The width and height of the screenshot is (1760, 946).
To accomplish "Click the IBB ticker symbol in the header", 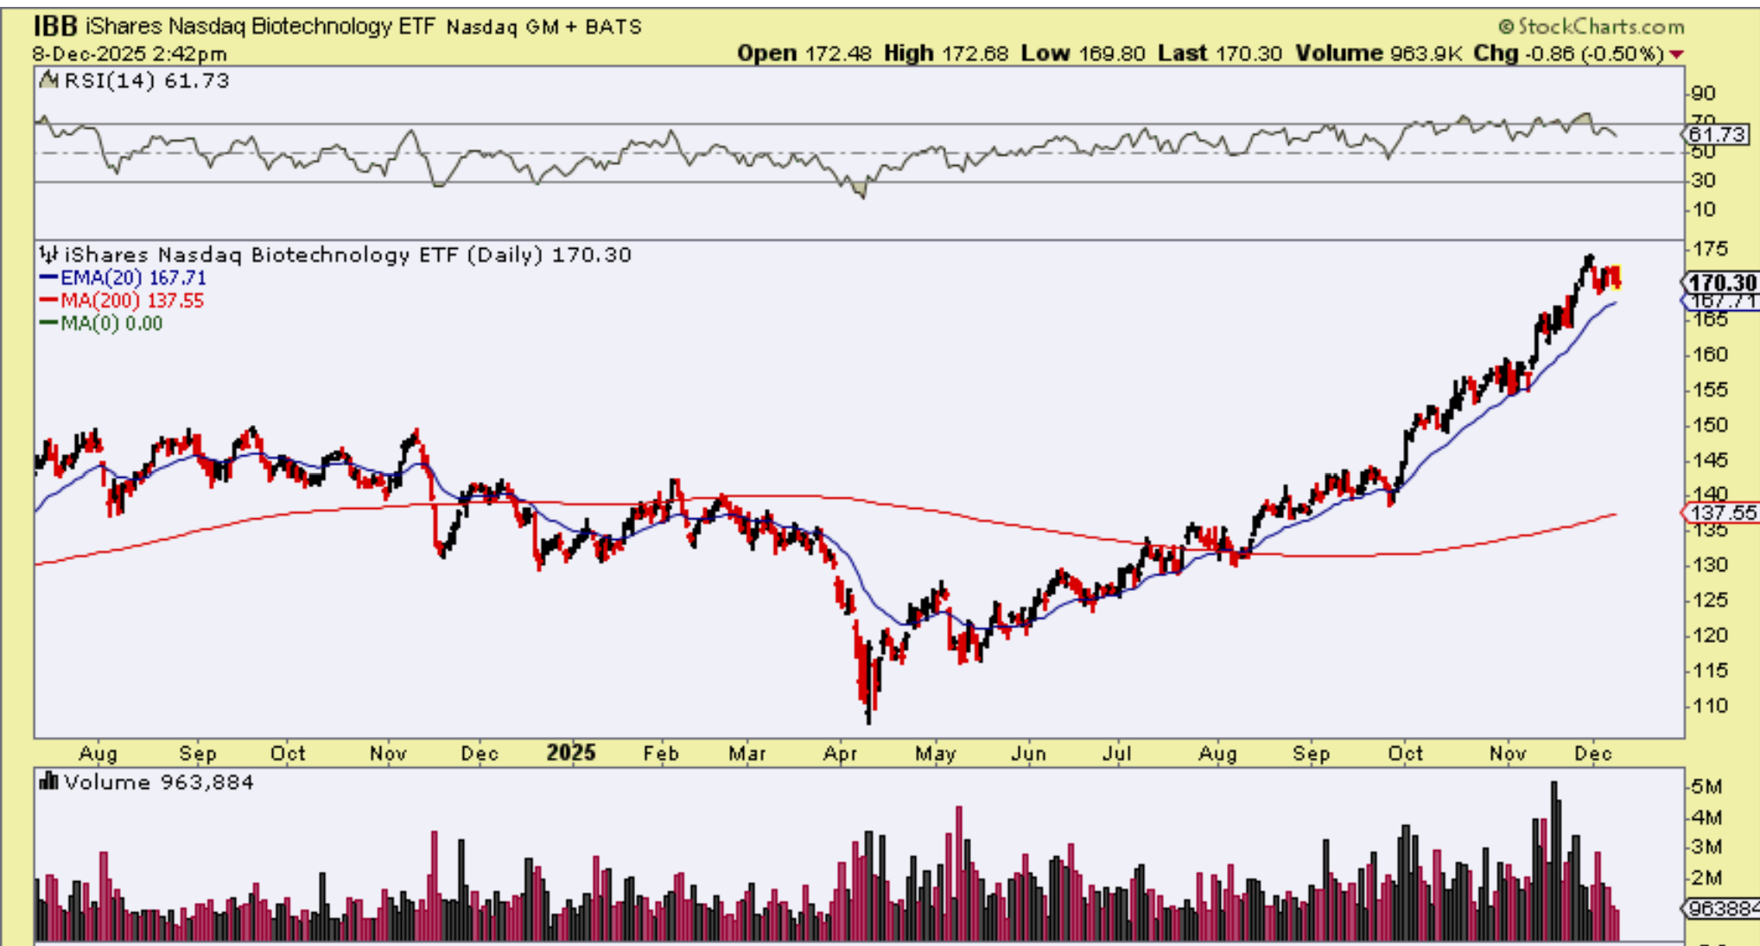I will [x=55, y=26].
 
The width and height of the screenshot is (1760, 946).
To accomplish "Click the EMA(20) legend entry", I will [x=123, y=278].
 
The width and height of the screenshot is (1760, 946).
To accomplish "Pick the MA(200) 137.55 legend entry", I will [x=121, y=301].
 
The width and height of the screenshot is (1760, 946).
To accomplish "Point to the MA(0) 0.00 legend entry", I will [x=101, y=323].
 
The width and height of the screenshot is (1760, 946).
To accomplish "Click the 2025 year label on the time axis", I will [x=571, y=752].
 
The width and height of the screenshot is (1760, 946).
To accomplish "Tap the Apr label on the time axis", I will [x=840, y=753].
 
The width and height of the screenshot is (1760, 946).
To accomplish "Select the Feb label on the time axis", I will [x=661, y=753].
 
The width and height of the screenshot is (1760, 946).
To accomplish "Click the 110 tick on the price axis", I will [x=1711, y=706].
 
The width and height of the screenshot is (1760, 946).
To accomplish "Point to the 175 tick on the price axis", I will [x=1711, y=250].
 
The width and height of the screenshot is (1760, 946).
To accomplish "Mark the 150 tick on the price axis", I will [x=1711, y=425].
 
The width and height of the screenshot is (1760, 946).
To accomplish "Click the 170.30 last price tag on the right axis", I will [x=1721, y=283].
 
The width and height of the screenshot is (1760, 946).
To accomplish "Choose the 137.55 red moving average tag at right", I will [x=1722, y=512].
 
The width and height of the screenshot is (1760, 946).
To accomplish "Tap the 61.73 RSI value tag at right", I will [x=1718, y=135].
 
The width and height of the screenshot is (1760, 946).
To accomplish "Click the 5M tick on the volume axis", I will [x=1707, y=787].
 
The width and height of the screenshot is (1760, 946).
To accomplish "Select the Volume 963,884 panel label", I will [x=147, y=783].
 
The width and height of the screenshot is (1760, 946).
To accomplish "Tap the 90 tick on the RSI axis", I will [x=1704, y=93].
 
